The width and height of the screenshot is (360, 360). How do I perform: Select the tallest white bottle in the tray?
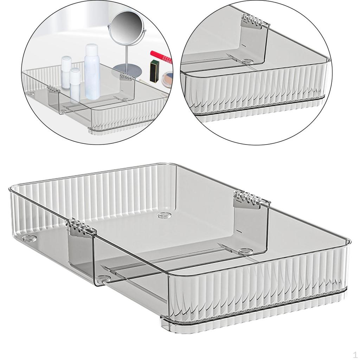[91, 74]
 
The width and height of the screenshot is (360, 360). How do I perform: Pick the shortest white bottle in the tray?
[75, 85]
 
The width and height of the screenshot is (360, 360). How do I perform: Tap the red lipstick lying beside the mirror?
[161, 56]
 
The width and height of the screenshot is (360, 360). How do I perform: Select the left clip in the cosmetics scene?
[52, 89]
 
